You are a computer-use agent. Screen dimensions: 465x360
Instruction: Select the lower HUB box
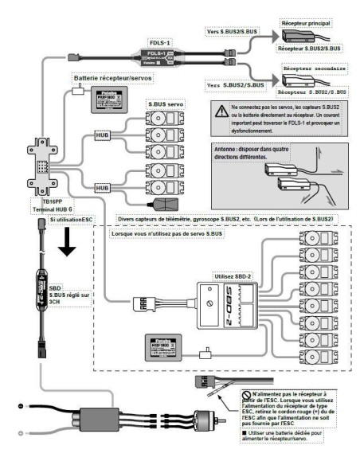click(102, 188)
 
